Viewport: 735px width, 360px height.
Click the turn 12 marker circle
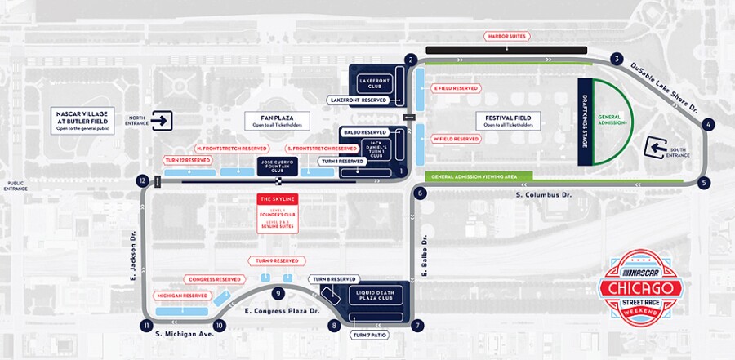[143, 180]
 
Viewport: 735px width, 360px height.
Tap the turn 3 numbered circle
[617, 59]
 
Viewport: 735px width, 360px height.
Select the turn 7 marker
[418, 326]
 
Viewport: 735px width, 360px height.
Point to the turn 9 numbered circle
[278, 293]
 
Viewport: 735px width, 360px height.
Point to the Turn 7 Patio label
[370, 335]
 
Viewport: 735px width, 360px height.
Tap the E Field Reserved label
[456, 88]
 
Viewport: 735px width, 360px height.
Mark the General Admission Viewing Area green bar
[478, 176]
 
